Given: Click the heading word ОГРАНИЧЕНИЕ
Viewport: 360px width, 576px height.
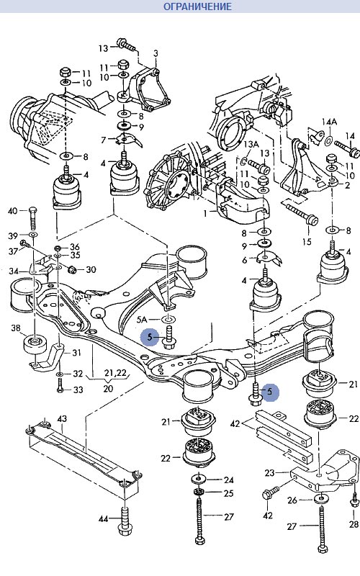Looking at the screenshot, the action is [197, 6].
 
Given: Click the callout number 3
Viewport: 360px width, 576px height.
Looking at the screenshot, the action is [156, 53].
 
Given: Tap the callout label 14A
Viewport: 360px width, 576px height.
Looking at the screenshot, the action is [330, 122].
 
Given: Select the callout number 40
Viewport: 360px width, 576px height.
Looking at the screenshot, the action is [12, 211].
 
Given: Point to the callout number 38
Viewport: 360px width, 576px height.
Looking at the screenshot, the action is [16, 328].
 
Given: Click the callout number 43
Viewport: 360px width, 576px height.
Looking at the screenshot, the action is [62, 419].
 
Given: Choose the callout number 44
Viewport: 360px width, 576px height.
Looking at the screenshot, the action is [104, 518].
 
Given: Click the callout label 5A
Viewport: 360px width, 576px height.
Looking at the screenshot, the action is [142, 320].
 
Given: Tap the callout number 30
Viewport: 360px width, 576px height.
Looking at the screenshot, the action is [91, 269].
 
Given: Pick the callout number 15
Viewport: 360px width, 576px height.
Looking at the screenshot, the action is [307, 241].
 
